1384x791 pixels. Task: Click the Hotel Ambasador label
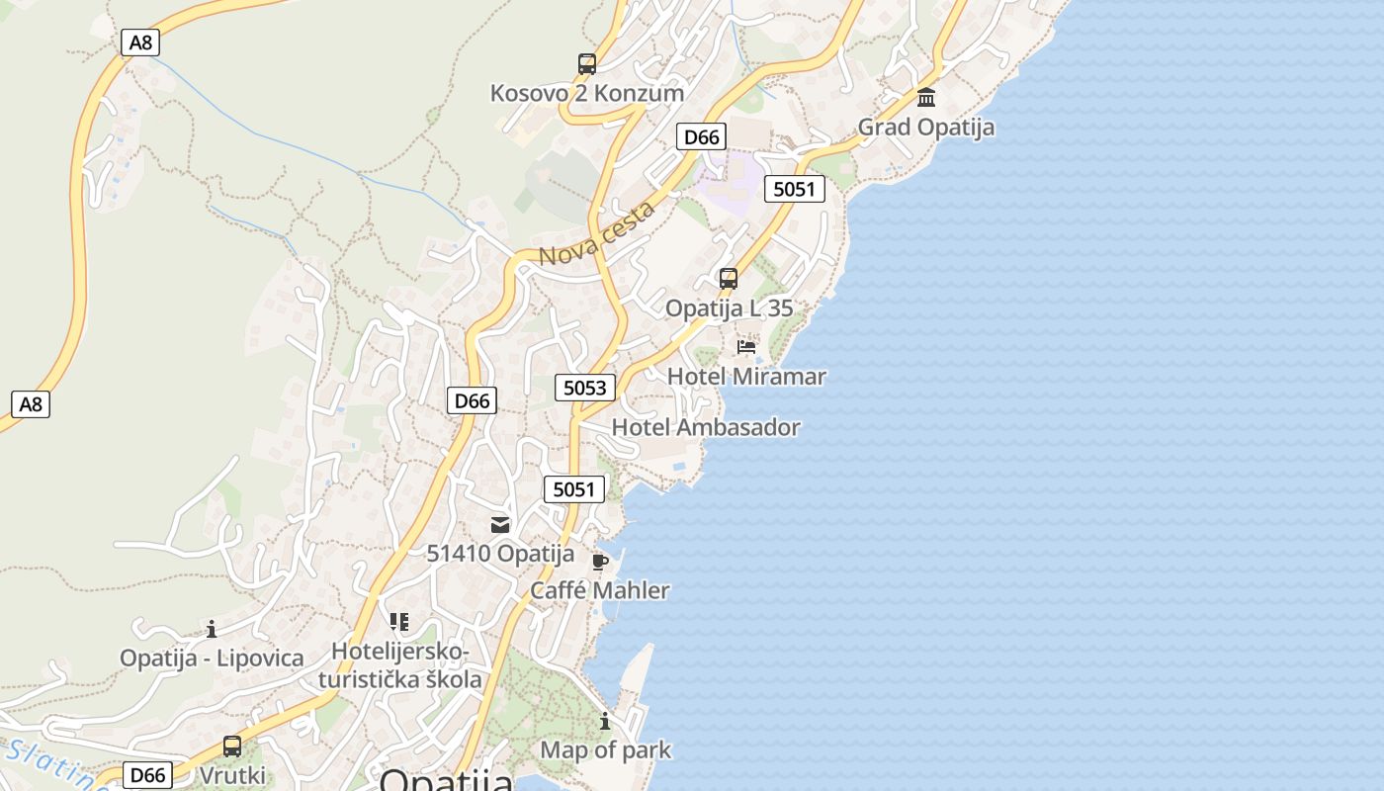pos(706,427)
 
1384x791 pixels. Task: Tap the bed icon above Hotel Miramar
pos(746,347)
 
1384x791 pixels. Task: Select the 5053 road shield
pos(584,388)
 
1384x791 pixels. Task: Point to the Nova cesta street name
pos(596,234)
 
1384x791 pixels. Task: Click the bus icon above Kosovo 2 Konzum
pos(587,64)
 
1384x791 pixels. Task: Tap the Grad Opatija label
pos(925,127)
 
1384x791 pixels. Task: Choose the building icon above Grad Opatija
pos(926,97)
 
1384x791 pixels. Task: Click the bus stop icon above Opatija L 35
pos(729,279)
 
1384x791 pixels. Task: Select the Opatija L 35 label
pos(729,308)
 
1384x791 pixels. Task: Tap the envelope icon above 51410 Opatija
pos(500,525)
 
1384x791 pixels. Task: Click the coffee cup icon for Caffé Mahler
pos(599,562)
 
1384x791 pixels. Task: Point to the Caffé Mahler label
pos(599,590)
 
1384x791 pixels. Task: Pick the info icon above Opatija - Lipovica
pos(212,629)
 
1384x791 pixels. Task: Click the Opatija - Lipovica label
pos(212,658)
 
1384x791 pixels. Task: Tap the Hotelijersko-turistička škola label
pos(399,665)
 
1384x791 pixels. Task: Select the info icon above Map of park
pos(605,721)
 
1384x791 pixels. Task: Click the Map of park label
pos(605,749)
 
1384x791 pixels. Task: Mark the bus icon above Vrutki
pos(232,747)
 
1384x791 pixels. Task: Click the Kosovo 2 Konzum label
pos(587,93)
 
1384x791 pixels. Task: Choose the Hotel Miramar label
pos(746,376)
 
